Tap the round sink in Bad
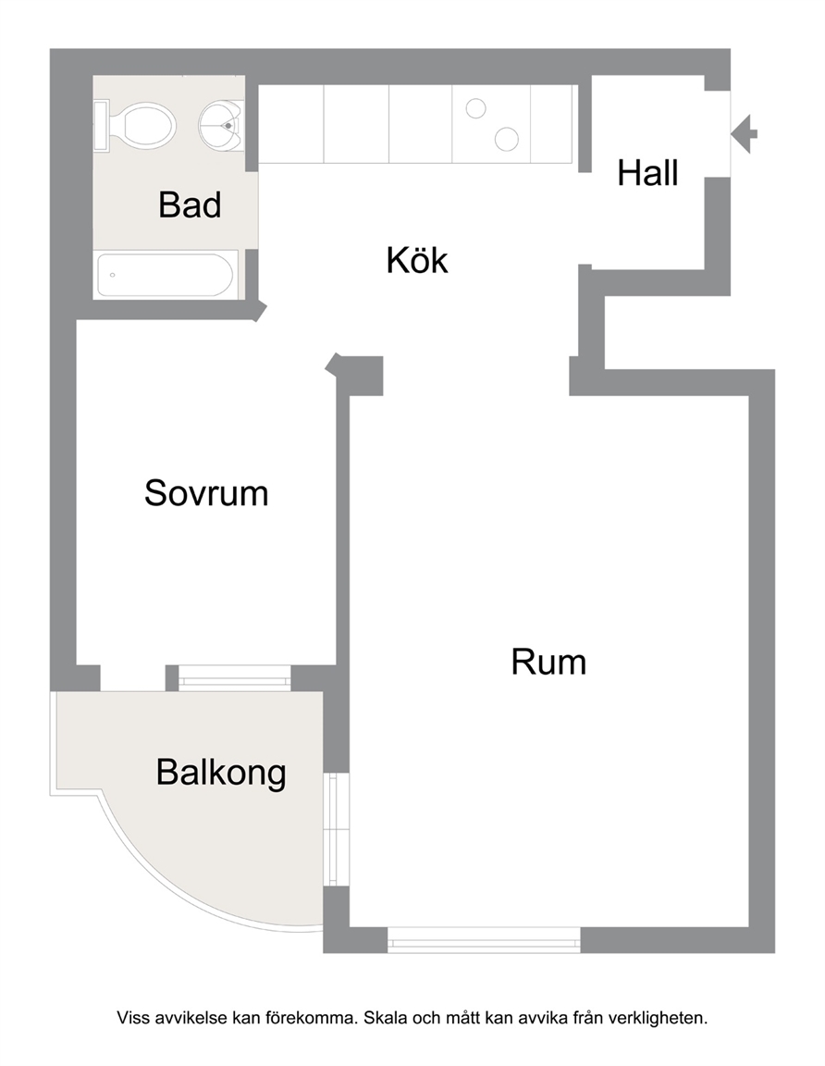[222, 126]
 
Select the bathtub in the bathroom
[166, 276]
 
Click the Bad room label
[190, 205]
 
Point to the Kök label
[417, 260]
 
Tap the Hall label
[647, 173]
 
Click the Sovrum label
[206, 493]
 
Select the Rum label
[548, 663]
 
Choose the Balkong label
[222, 773]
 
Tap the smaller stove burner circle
[475, 108]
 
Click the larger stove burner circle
[507, 139]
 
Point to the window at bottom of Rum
[484, 939]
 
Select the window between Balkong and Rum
[336, 829]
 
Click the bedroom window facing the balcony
[234, 677]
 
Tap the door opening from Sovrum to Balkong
[133, 677]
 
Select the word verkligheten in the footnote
[658, 1018]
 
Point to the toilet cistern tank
[101, 126]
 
